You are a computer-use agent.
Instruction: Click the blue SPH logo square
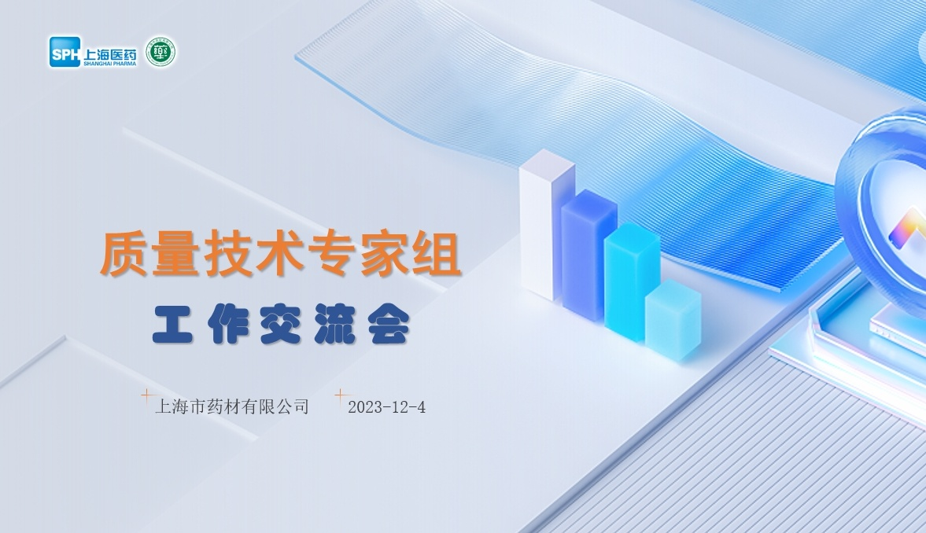pos(65,52)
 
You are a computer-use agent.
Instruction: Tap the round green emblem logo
pos(160,52)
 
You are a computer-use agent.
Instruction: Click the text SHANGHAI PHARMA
pos(110,63)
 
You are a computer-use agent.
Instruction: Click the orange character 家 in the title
pos(385,254)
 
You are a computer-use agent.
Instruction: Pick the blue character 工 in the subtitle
pos(172,323)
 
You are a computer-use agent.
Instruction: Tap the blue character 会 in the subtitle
pos(389,323)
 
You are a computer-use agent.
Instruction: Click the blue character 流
pos(335,323)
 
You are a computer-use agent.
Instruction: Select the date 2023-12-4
pos(387,406)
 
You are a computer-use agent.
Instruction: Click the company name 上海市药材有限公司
pos(232,406)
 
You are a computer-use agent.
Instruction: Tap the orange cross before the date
pos(341,395)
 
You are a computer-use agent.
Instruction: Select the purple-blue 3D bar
pos(588,255)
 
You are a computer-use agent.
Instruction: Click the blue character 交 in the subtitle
pos(281,323)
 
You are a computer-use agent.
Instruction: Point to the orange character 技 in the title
pos(228,254)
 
